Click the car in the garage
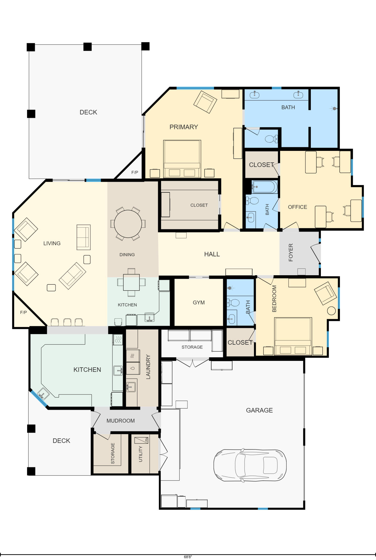pyautogui.click(x=250, y=465)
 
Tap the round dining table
pyautogui.click(x=128, y=224)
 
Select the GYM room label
pyautogui.click(x=199, y=302)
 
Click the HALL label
pyautogui.click(x=212, y=254)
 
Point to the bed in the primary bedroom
pyautogui.click(x=182, y=159)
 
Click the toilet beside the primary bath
pyautogui.click(x=271, y=139)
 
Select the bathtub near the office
pyautogui.click(x=264, y=187)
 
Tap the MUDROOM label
pyautogui.click(x=121, y=421)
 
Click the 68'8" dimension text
pyautogui.click(x=188, y=557)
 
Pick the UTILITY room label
pyautogui.click(x=140, y=454)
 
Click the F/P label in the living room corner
pyautogui.click(x=23, y=312)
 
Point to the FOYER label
pyautogui.click(x=291, y=253)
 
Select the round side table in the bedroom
pyautogui.click(x=331, y=311)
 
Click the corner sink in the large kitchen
pyautogui.click(x=43, y=393)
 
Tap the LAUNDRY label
pyautogui.click(x=148, y=367)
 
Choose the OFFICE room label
pyautogui.click(x=297, y=207)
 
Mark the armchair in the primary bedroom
pyautogui.click(x=205, y=102)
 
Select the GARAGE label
pyautogui.click(x=259, y=410)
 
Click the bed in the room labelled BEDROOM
pyautogui.click(x=293, y=336)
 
